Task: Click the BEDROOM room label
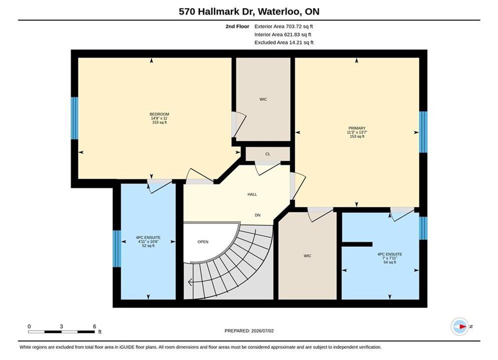(160, 114)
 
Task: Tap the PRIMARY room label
(357, 128)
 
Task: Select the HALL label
(252, 194)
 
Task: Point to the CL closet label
(268, 154)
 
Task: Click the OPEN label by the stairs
(203, 241)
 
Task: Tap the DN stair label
(258, 215)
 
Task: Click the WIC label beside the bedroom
(263, 99)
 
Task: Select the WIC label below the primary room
(307, 255)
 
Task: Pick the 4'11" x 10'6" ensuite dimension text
(148, 241)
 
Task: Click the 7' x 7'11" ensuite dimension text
(390, 258)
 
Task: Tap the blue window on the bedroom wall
(74, 118)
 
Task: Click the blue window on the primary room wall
(423, 132)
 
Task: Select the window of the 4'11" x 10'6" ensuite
(117, 248)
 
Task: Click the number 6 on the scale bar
(95, 326)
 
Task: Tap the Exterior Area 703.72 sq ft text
(284, 26)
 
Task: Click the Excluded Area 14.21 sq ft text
(284, 42)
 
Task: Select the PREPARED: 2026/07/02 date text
(249, 331)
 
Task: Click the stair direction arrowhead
(190, 281)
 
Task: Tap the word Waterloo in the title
(279, 11)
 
